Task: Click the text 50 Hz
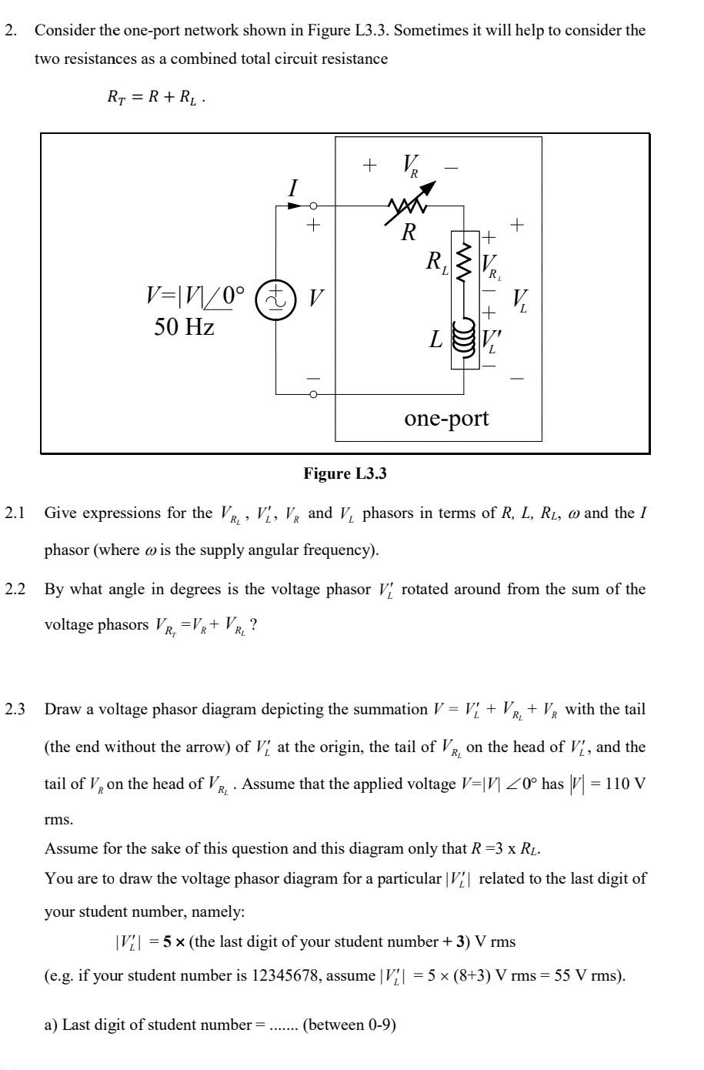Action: pos(184,327)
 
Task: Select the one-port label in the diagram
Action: pos(446,418)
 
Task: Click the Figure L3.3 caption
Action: pos(345,473)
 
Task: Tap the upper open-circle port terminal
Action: pos(313,206)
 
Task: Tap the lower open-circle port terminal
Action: pos(313,394)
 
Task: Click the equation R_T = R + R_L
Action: pos(155,98)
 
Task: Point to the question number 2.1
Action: pos(15,513)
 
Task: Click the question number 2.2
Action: pos(15,590)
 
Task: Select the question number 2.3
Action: pos(15,709)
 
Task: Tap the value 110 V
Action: pos(616,784)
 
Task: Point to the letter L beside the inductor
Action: pos(436,339)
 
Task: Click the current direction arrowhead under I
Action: pos(296,206)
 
